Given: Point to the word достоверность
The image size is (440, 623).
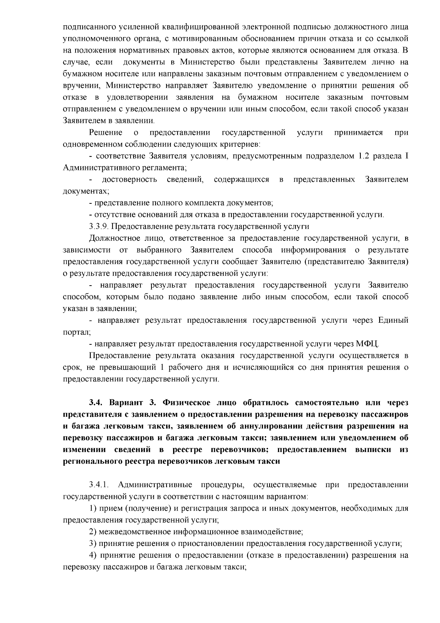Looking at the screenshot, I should (129, 180).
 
